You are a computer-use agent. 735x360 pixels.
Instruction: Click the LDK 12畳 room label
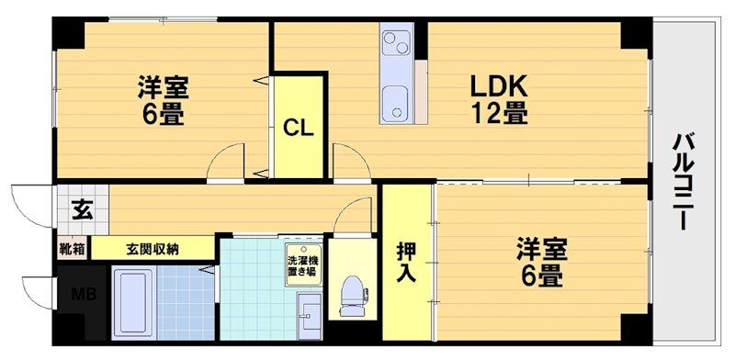coord(499,100)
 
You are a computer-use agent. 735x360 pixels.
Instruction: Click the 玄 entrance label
coord(81,208)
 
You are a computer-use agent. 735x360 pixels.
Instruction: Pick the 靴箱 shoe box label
coord(72,248)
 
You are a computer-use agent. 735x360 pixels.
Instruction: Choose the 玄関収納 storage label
coord(153,248)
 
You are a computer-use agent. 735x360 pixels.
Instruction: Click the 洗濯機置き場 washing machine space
coord(302,261)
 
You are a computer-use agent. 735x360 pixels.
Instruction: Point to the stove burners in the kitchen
coord(398,43)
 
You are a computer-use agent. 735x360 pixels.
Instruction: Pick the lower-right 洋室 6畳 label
coord(540,262)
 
